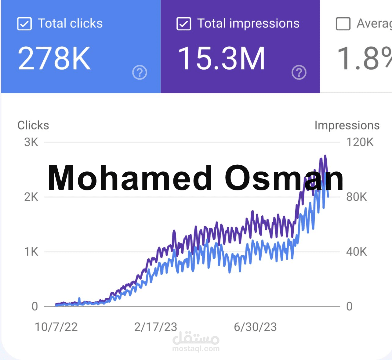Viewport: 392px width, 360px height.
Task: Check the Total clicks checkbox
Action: [x=24, y=23]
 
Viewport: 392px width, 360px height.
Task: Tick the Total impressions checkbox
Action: [x=184, y=23]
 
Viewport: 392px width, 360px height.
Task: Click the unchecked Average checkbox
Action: [x=343, y=23]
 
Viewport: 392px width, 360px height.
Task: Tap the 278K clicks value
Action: [x=54, y=58]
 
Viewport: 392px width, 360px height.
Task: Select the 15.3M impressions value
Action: [x=221, y=58]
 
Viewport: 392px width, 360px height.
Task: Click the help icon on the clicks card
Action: [x=140, y=73]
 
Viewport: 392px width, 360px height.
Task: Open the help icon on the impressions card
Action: [x=299, y=73]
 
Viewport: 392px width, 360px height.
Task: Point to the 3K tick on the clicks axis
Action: [x=31, y=142]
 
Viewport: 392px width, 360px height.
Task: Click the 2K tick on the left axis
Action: [x=31, y=197]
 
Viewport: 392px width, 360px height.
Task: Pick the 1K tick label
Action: [x=31, y=252]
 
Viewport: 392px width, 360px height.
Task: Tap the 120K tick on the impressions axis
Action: [x=360, y=142]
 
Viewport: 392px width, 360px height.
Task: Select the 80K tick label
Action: [x=357, y=197]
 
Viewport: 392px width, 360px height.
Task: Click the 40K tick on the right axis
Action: [x=357, y=252]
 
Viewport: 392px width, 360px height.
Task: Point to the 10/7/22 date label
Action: [x=56, y=327]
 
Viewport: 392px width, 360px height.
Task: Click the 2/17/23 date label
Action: [x=156, y=327]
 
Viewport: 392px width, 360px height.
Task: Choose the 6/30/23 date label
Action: [x=255, y=327]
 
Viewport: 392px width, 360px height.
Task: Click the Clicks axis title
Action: [x=33, y=125]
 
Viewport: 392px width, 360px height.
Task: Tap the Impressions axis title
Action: [x=347, y=125]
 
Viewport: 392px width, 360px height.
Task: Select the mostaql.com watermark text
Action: [x=196, y=349]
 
